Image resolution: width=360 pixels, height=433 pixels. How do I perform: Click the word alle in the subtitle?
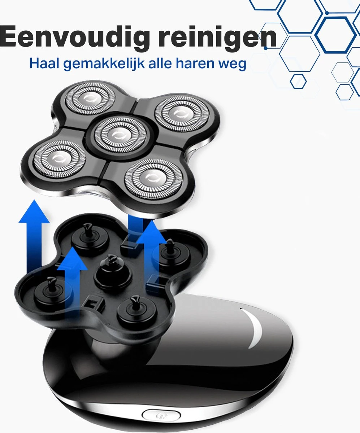160,63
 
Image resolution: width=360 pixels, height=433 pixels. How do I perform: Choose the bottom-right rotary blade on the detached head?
154,178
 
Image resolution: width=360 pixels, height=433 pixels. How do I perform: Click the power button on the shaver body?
161,415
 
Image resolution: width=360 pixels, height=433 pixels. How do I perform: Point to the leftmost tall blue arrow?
34,236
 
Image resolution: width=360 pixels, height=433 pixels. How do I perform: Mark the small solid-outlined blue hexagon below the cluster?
298,81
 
